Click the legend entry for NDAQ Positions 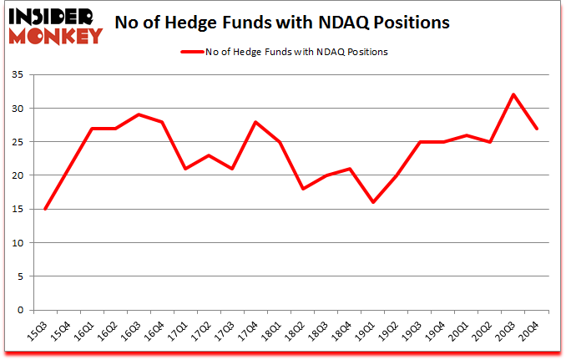coord(285,52)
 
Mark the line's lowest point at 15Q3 coord(45,209)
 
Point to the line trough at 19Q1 coord(372,202)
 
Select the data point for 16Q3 coord(139,114)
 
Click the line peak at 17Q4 coord(255,122)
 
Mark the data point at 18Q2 coord(302,189)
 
